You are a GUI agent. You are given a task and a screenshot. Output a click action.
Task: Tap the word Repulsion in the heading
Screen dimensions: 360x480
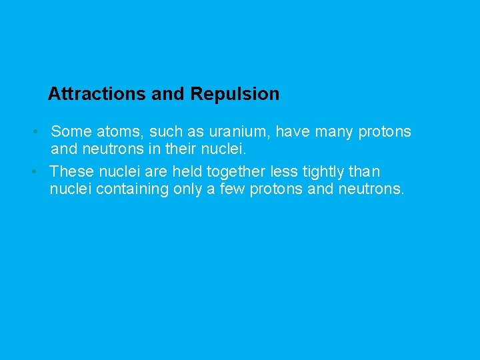tap(235, 94)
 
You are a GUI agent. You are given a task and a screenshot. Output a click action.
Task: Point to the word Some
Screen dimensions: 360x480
tap(71, 132)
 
